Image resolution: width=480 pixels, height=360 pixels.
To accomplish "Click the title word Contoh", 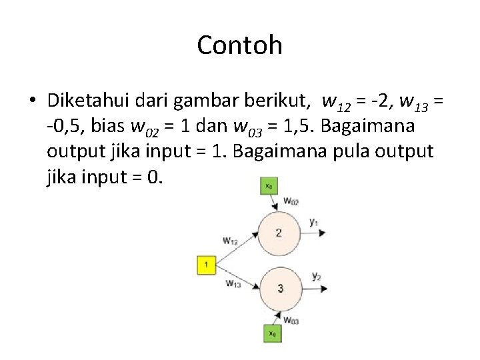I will click(240, 45).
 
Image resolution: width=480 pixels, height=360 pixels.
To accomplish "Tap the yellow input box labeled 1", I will click(206, 266).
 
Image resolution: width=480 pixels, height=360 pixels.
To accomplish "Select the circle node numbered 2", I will click(279, 233).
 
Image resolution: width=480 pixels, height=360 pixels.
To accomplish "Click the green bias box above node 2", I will click(268, 186).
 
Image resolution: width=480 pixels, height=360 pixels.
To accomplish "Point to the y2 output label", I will click(317, 275).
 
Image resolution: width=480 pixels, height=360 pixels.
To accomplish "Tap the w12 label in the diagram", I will click(231, 241).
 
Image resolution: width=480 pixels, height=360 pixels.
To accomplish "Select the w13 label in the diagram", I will click(233, 283).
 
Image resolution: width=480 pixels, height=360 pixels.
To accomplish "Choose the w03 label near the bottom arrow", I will click(291, 321).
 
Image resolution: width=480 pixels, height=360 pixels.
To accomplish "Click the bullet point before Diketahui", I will click(32, 102).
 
